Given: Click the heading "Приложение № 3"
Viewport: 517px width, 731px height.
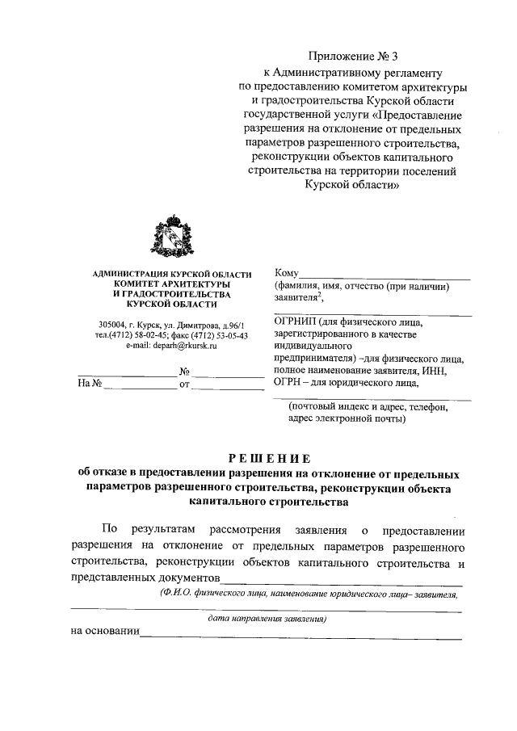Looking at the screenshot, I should pyautogui.click(x=354, y=56).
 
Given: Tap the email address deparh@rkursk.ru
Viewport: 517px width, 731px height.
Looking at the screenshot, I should pyautogui.click(x=171, y=345).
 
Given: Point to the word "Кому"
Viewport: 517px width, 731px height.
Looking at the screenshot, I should pyautogui.click(x=287, y=273).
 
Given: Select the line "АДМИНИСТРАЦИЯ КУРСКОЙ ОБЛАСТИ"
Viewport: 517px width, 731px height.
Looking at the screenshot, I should pyautogui.click(x=171, y=275).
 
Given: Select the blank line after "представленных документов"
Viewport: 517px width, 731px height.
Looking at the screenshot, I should pyautogui.click(x=341, y=579).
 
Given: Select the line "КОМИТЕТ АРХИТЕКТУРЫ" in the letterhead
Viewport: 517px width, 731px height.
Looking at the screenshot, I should pyautogui.click(x=171, y=285).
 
